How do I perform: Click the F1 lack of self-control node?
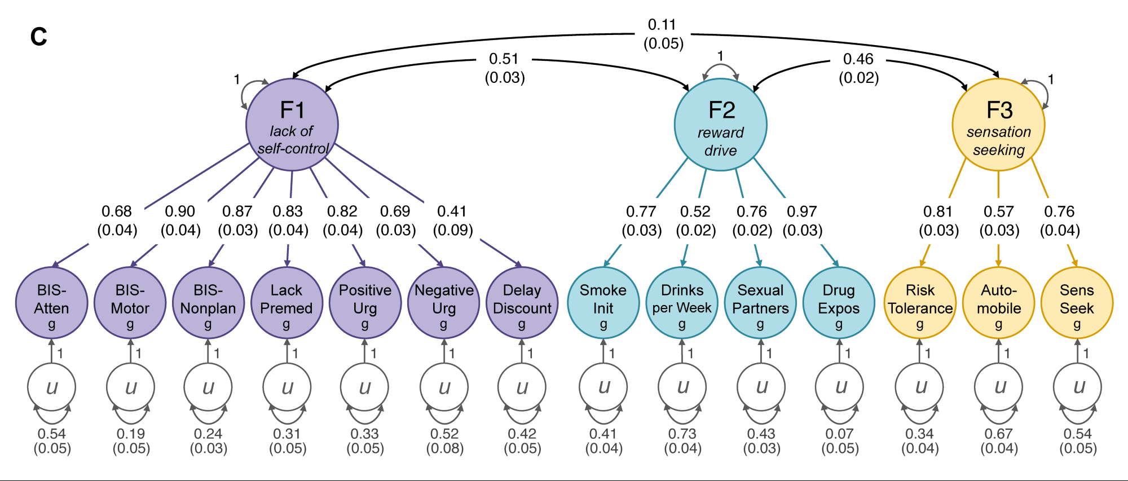pos(292,125)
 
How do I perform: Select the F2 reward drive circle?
pos(721,125)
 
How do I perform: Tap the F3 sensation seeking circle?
pos(998,125)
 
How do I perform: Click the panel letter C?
pos(38,37)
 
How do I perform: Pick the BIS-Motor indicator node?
pos(130,303)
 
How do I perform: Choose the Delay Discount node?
pos(522,303)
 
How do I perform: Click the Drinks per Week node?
pos(682,303)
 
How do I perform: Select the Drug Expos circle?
pos(839,303)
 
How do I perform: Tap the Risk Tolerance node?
pos(920,303)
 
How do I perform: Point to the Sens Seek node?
pos(1077,303)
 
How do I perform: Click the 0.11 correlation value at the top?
pos(662,25)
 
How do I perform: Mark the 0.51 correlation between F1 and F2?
pos(504,59)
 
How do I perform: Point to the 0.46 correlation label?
pos(858,59)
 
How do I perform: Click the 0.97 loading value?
pos(802,211)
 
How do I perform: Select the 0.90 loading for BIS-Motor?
pos(180,211)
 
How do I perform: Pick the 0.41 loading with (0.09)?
pos(452,211)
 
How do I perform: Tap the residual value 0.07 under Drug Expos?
pos(839,434)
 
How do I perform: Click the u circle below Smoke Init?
pos(603,387)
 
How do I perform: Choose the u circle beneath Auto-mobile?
pos(999,387)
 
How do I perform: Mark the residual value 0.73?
pos(682,434)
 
